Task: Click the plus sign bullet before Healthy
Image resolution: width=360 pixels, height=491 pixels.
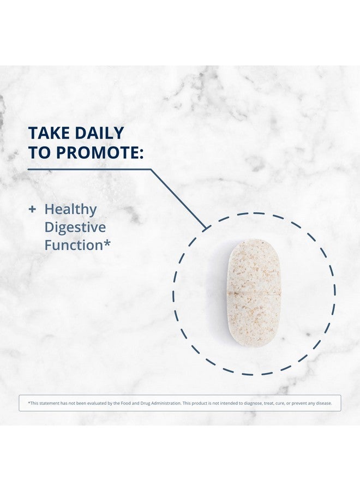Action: pos(32,209)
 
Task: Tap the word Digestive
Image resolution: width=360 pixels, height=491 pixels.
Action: pos(75,227)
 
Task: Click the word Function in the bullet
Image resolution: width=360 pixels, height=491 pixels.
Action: pos(74,245)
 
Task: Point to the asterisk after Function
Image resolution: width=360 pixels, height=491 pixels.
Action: pos(107,243)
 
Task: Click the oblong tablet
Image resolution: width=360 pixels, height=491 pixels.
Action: pos(254,293)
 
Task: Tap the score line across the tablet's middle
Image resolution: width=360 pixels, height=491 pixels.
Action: pos(254,293)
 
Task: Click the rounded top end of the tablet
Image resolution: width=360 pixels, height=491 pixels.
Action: pos(254,247)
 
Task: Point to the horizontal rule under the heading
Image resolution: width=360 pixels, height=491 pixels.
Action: pos(89,170)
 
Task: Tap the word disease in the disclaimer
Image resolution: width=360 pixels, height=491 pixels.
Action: pos(323,403)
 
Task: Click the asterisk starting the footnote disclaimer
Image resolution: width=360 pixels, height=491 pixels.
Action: pos(29,403)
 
